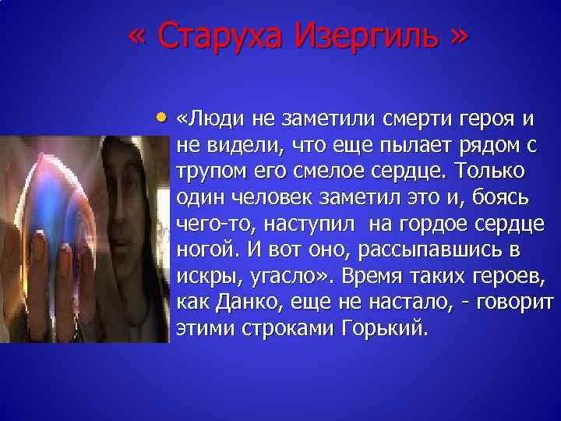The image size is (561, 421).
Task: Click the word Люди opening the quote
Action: [207, 120]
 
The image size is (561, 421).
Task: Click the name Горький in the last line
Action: [385, 327]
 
